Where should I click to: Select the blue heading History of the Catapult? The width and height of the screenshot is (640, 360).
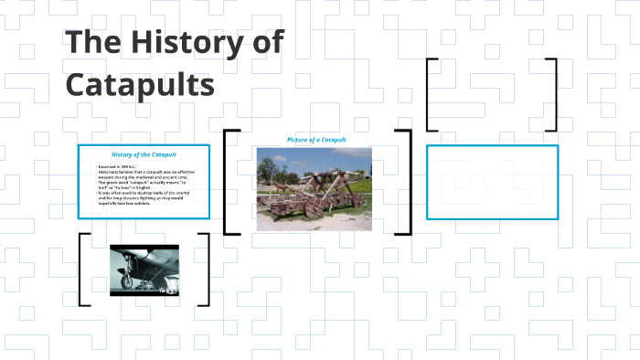tap(144, 154)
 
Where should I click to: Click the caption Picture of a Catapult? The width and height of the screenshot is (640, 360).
tap(316, 140)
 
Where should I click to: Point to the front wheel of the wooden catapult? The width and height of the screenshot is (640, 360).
tap(315, 206)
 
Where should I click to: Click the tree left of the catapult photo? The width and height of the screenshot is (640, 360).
tap(267, 170)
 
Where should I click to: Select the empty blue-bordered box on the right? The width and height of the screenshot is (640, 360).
tap(492, 182)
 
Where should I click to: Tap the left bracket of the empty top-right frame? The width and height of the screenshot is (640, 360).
tap(431, 95)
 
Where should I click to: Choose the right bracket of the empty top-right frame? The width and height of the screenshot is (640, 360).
tap(553, 95)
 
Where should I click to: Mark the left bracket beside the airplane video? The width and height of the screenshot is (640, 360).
tap(83, 270)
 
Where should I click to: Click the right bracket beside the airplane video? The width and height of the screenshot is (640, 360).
tap(206, 270)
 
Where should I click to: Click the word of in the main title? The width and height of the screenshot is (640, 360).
tap(263, 45)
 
